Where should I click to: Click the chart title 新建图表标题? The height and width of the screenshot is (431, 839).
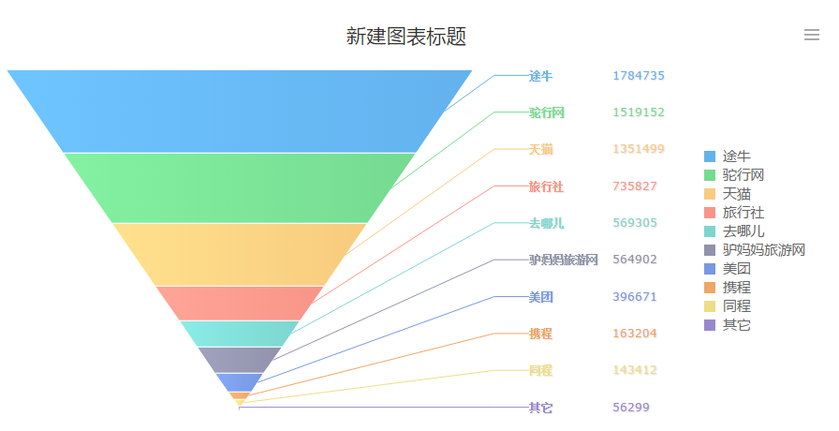point(405,37)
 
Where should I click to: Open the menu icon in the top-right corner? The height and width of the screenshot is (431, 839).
point(812,36)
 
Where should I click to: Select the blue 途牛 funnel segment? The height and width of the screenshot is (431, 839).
point(240,111)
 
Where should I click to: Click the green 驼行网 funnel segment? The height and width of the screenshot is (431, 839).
point(240,186)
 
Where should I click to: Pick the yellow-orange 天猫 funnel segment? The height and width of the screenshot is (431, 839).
point(240,253)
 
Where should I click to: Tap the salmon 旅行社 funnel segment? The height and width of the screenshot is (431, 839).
point(240,303)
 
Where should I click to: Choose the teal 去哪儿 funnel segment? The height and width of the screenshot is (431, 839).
point(240,333)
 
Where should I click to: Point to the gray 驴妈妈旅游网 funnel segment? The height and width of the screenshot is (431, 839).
point(240,359)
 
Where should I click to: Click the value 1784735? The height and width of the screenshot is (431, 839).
point(639,76)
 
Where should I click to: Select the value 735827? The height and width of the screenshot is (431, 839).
point(635,186)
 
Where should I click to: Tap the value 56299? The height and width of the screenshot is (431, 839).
point(631,408)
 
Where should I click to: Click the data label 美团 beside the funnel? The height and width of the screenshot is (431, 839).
point(540,297)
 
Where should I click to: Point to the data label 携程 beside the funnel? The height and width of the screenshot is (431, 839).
point(540,334)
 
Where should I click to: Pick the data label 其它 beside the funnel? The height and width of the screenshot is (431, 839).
point(540,408)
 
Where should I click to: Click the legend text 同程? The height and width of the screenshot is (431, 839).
point(737,306)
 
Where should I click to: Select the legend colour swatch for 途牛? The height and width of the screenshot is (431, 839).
point(710,156)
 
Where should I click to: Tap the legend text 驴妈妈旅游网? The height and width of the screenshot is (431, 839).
point(764,250)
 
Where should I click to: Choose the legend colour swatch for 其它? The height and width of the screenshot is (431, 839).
point(710,325)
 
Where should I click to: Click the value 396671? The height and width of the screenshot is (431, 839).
point(635,297)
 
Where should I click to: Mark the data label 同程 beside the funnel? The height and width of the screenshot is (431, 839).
point(540,370)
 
